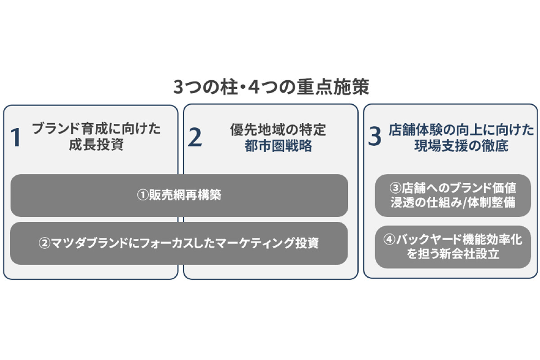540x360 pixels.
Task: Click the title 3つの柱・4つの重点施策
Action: [271, 87]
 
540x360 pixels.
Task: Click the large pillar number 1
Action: [16, 137]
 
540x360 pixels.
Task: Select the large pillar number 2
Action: [195, 137]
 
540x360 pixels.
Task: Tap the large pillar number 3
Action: [374, 136]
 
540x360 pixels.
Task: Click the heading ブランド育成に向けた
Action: [96, 129]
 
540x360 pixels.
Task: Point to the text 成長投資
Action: [96, 145]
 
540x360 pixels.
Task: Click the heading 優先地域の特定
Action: [278, 130]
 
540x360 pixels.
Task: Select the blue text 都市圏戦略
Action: [278, 146]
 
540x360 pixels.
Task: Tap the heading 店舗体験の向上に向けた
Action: [461, 130]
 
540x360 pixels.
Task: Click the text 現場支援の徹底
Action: [461, 146]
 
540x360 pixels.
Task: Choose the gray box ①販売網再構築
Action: [179, 195]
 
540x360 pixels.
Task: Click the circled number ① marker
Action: [143, 195]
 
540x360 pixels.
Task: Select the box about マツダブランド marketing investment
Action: [179, 243]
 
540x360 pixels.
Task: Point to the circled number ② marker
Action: [45, 243]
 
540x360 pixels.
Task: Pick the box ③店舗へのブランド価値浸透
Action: [453, 195]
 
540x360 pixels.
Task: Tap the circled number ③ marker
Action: [396, 188]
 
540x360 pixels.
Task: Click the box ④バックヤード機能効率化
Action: [453, 247]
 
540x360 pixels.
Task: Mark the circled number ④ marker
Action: [389, 240]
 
